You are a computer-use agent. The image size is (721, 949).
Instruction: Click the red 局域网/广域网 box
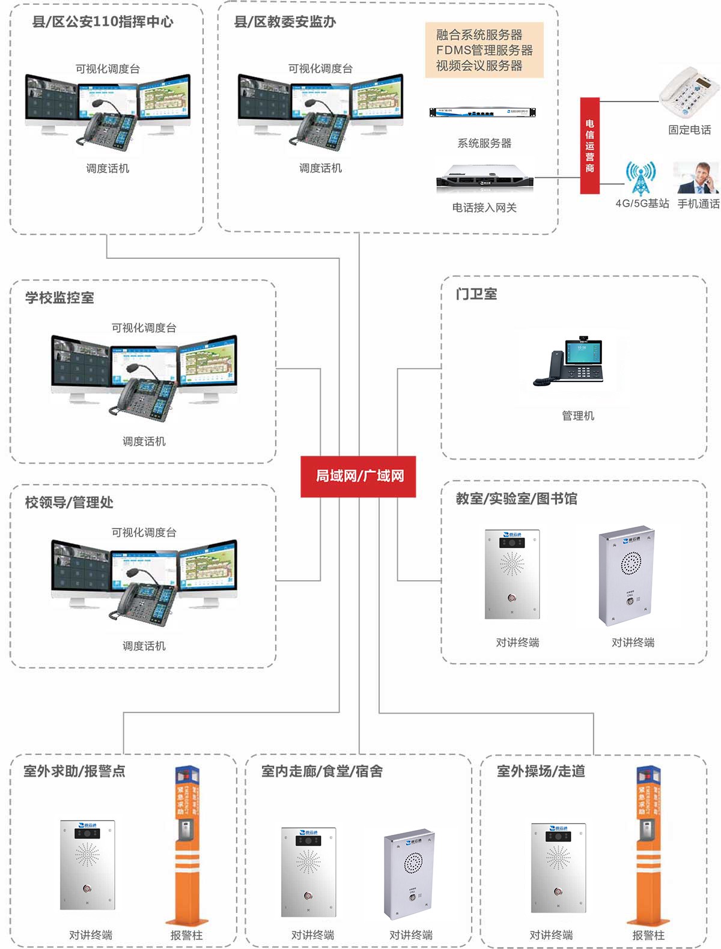click(358, 476)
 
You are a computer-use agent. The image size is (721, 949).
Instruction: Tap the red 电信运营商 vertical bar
click(589, 145)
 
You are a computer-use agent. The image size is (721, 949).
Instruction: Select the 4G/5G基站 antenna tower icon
click(640, 178)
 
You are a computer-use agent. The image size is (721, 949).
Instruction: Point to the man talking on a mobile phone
click(696, 178)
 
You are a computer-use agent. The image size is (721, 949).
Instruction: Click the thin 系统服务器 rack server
click(482, 112)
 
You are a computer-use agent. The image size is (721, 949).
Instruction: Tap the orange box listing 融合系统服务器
click(484, 50)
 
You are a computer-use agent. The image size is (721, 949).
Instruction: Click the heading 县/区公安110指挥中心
click(103, 22)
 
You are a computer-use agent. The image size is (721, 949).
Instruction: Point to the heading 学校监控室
click(59, 298)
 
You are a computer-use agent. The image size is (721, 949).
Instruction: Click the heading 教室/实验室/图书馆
click(516, 499)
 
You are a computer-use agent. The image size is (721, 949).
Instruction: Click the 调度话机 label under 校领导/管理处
click(144, 646)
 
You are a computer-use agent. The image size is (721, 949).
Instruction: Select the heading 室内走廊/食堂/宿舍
click(321, 771)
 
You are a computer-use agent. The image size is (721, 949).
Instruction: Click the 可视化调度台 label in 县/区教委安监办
click(320, 69)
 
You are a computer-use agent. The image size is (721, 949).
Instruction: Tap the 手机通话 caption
click(698, 204)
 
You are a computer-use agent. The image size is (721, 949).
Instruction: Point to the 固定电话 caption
click(689, 130)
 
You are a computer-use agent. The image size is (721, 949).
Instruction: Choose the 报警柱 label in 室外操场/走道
click(648, 935)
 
